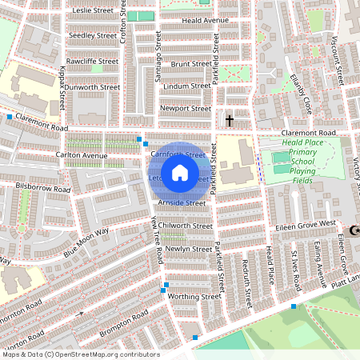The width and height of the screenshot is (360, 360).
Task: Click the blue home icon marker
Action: click(180, 172)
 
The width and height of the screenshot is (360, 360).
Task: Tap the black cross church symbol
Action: click(230, 120)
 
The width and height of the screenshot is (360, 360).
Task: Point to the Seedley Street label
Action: click(93, 36)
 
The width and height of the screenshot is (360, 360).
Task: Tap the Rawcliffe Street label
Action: click(93, 61)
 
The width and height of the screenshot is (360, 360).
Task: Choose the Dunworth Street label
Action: click(93, 86)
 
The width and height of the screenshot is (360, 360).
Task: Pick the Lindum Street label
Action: click(186, 85)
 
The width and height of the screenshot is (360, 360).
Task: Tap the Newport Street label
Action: click(186, 108)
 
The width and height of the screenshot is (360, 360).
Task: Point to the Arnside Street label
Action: click(183, 203)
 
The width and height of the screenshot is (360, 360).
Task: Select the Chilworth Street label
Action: click(186, 226)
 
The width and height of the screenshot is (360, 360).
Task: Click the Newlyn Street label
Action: click(187, 249)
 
